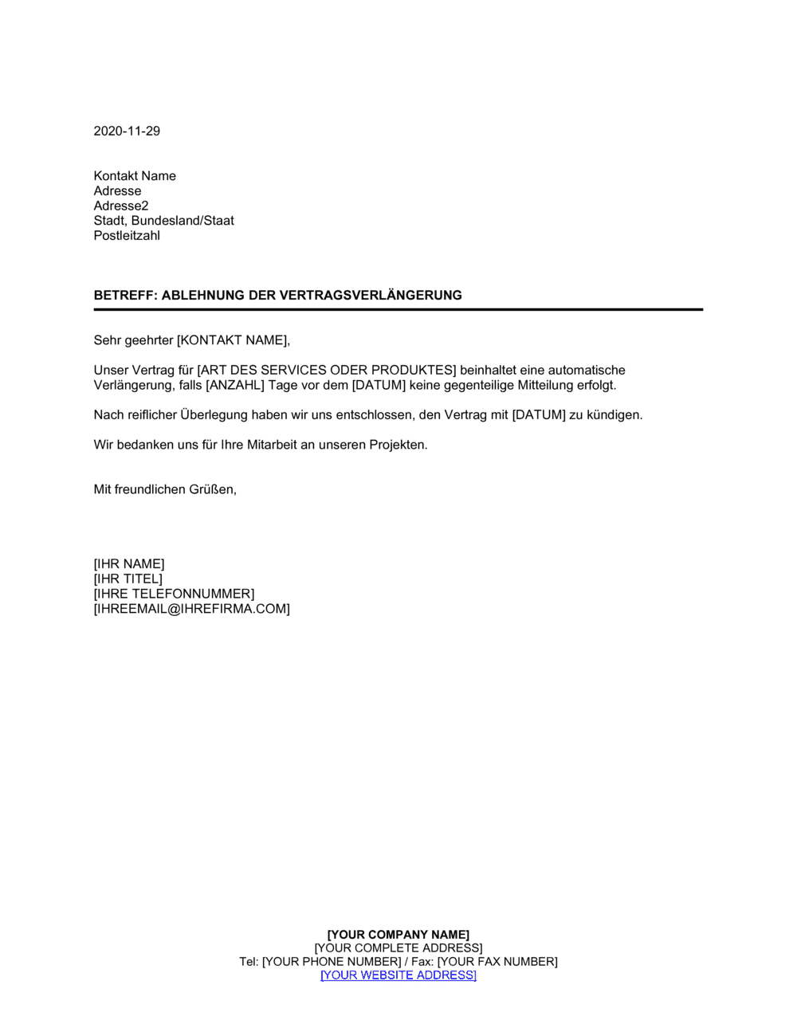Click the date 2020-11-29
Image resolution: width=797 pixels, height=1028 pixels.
127,131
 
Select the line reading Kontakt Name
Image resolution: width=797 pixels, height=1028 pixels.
135,176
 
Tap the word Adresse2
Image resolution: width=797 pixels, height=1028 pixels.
121,206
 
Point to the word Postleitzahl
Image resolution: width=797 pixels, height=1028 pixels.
127,236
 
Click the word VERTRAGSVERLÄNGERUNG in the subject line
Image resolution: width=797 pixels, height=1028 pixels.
371,296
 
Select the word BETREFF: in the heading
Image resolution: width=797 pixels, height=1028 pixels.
125,296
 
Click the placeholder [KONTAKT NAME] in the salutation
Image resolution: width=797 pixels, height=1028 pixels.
233,341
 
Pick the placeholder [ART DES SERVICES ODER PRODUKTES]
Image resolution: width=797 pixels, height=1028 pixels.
327,371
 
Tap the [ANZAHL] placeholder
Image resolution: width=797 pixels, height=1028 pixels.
234,386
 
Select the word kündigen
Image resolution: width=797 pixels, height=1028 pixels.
614,415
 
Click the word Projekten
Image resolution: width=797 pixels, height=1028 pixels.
398,445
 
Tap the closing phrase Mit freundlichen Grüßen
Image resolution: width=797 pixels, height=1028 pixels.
165,490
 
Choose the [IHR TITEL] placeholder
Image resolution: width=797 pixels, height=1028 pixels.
128,579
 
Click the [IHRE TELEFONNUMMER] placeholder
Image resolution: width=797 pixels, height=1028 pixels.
174,594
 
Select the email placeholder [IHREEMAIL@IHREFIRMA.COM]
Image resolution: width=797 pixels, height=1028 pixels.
191,610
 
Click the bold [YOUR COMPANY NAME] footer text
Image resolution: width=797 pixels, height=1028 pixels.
398,935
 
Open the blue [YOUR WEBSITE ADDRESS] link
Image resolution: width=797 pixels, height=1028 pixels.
398,975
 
